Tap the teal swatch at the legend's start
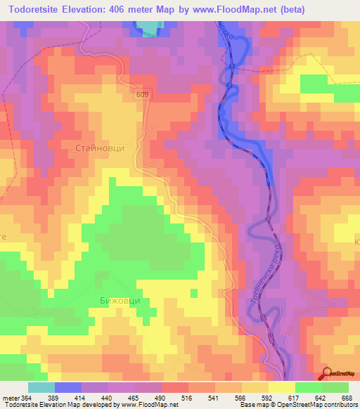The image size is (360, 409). click(41, 387)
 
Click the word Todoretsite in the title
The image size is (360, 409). click(35, 11)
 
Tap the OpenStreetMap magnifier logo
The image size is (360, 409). click(328, 373)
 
